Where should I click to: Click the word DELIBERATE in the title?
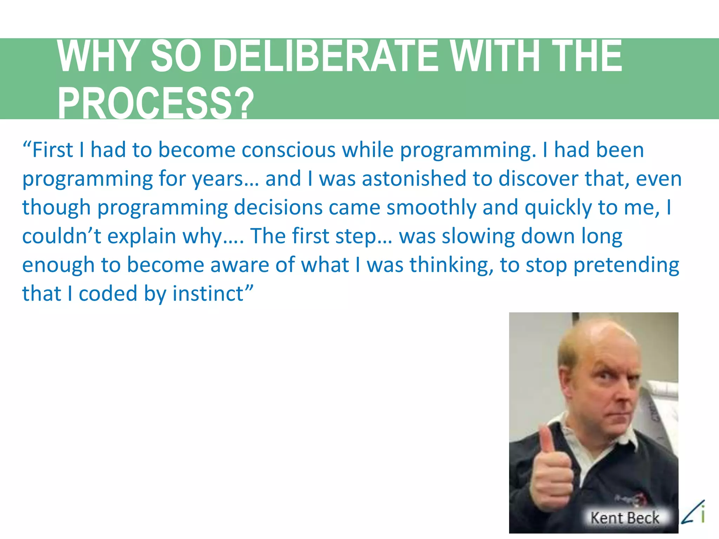pyautogui.click(x=325, y=56)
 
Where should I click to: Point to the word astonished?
pyautogui.click(x=414, y=179)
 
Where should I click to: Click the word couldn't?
pyautogui.click(x=61, y=236)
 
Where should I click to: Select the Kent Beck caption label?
pyautogui.click(x=625, y=518)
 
